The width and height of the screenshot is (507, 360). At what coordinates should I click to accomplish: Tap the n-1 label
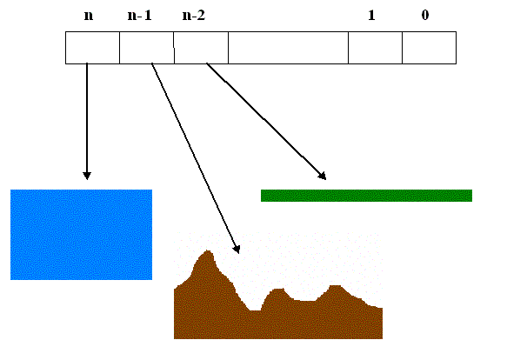[140, 15]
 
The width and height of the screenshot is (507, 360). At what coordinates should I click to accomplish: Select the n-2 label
[194, 15]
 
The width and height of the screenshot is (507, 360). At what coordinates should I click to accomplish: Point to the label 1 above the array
[371, 15]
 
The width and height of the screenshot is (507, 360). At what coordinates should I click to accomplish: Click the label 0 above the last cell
[425, 15]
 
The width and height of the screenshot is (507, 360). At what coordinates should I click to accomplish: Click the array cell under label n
[92, 48]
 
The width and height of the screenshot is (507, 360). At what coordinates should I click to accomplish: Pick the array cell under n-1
[147, 48]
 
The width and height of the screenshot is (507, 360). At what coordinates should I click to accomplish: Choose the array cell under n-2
[201, 48]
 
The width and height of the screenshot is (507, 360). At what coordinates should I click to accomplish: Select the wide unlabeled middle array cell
[288, 48]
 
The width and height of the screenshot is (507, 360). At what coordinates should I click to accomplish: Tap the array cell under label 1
[375, 48]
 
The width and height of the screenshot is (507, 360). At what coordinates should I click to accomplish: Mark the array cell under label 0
[429, 48]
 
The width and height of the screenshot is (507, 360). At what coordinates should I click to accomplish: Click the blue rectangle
[81, 235]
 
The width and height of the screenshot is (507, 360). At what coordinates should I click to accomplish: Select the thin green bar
[366, 196]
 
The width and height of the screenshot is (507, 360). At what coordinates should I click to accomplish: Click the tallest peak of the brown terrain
[208, 251]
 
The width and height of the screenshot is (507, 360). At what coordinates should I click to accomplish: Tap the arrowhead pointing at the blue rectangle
[87, 176]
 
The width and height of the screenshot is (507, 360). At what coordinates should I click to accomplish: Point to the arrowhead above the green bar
[323, 177]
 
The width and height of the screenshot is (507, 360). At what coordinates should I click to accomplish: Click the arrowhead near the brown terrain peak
[237, 250]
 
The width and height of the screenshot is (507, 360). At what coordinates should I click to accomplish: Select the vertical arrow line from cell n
[87, 121]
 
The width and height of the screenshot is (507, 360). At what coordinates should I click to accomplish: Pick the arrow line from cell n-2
[266, 122]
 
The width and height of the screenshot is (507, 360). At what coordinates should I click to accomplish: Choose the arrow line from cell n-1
[196, 158]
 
